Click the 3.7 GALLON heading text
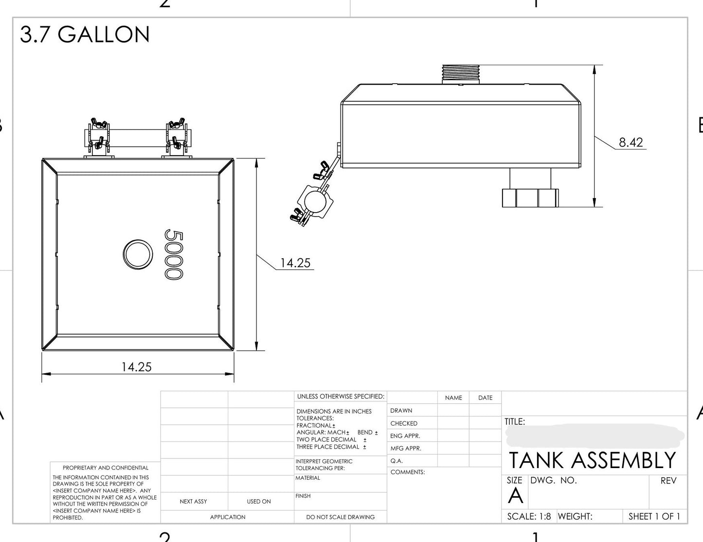click(x=85, y=34)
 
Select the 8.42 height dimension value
click(x=631, y=142)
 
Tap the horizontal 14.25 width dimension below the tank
click(x=136, y=367)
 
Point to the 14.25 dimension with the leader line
click(x=295, y=263)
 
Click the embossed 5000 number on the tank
click(x=174, y=254)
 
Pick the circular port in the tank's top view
click(x=138, y=254)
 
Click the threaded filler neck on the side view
click(x=461, y=74)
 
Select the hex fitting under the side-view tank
click(x=530, y=198)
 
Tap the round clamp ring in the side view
click(x=315, y=201)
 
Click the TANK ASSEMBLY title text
click(x=593, y=460)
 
